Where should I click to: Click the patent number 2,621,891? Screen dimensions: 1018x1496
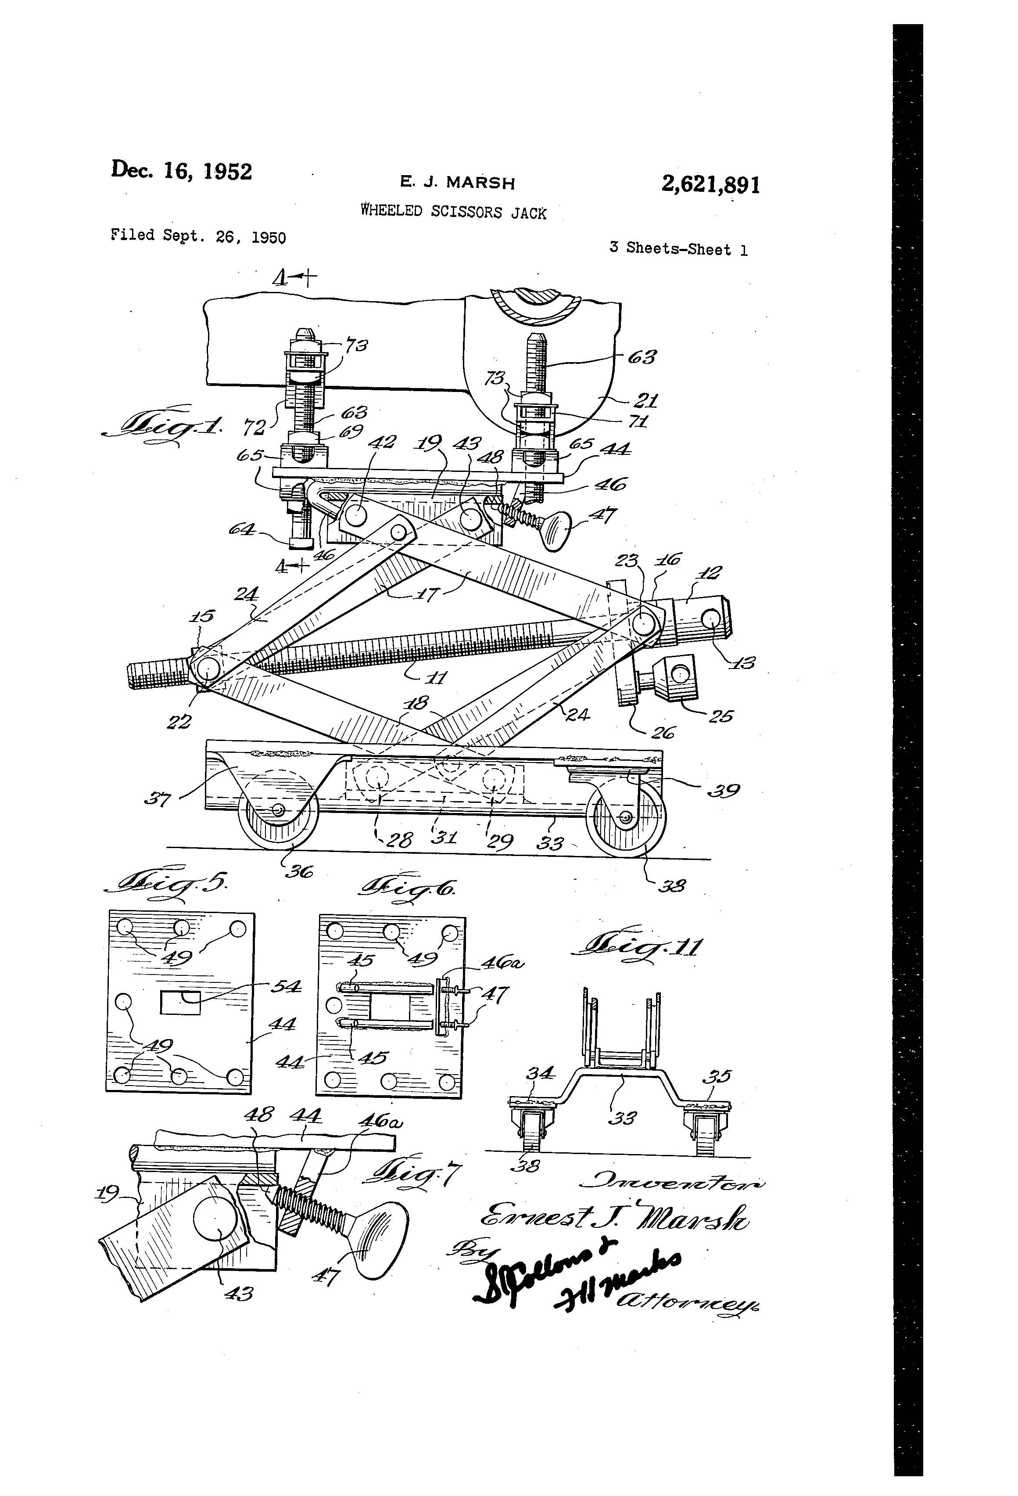[710, 185]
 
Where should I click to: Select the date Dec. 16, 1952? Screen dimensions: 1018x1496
[182, 171]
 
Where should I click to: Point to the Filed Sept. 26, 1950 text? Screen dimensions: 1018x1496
[198, 236]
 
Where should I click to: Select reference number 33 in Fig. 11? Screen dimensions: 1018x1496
[622, 1118]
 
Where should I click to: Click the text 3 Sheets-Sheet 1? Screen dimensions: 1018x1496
[678, 249]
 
